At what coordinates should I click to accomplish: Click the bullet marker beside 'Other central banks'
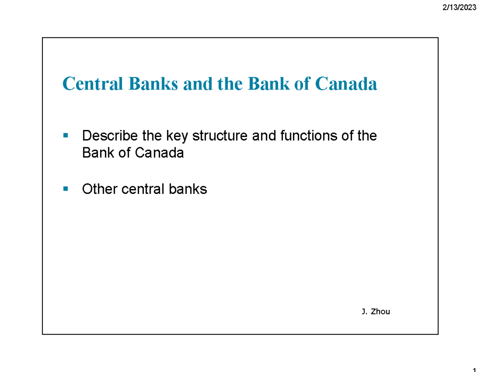pyautogui.click(x=66, y=188)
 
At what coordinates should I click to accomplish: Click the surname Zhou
pyautogui.click(x=380, y=311)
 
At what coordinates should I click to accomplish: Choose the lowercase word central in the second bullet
pyautogui.click(x=142, y=189)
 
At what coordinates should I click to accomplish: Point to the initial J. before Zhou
pyautogui.click(x=364, y=311)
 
